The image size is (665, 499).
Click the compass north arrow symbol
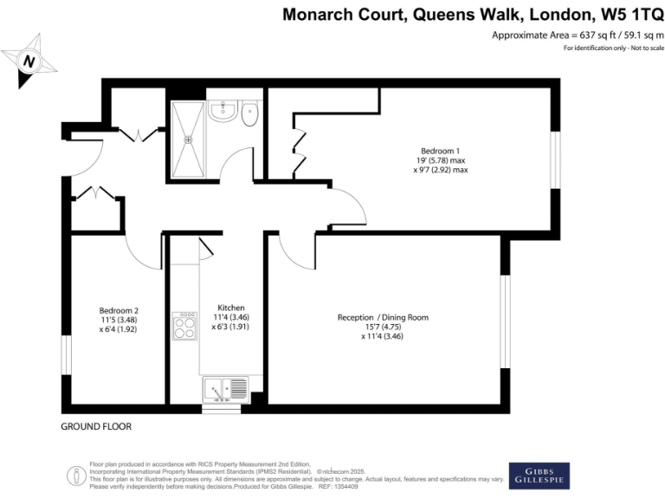29,61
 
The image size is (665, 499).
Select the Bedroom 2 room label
119,311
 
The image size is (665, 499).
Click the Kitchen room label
231,308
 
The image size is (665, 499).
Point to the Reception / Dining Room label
383,317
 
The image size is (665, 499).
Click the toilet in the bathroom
250,114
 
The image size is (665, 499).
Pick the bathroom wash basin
223,110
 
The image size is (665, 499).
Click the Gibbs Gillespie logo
539,473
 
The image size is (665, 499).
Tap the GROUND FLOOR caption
95,427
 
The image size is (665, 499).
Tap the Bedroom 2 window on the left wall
65,356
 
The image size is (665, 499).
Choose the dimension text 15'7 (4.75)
383,327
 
